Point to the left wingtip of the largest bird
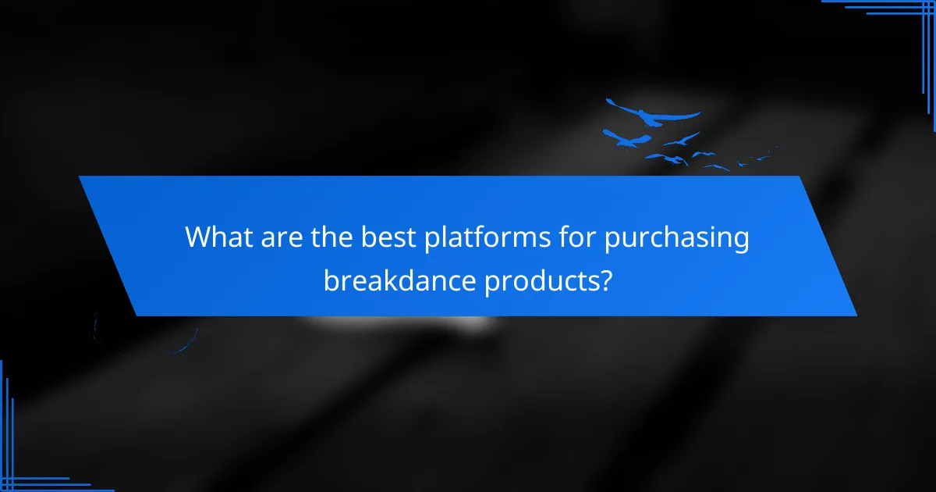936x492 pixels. pos(608,101)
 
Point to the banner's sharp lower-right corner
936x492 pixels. pos(856,316)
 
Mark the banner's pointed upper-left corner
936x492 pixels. pos(80,177)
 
